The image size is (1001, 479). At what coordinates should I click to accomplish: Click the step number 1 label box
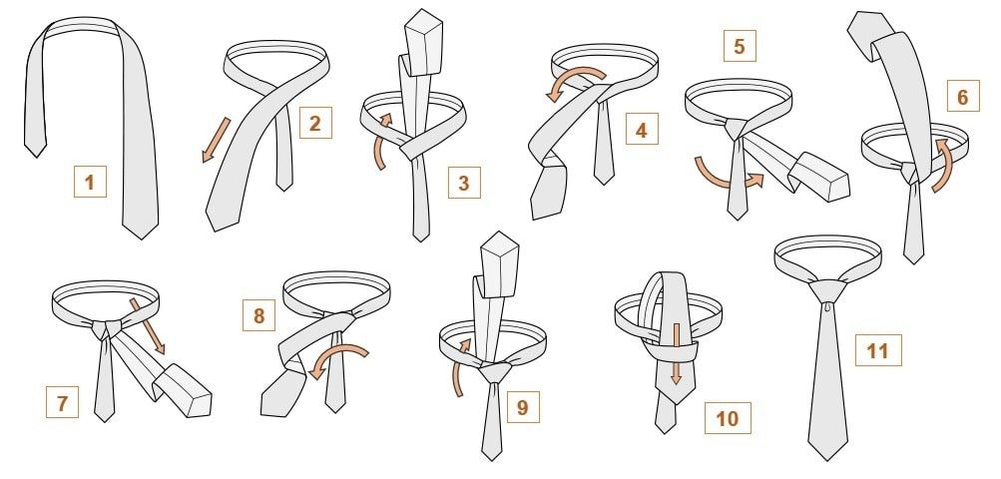pos(90,182)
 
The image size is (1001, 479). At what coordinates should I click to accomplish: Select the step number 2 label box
pos(315,122)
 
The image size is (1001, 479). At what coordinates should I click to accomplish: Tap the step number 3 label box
pos(464,182)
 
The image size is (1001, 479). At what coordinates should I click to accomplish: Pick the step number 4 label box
pos(642,129)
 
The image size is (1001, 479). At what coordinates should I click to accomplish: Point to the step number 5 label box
pos(740,46)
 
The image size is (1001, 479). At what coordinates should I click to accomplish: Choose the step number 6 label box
pos(963,96)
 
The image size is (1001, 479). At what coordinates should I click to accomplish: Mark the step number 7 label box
pos(62,402)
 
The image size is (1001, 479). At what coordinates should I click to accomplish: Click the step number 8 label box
pos(258,315)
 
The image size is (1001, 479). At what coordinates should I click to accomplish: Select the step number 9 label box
pos(523,407)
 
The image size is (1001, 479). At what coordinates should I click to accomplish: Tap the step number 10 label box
pos(728,418)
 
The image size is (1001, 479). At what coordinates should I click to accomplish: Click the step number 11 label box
pos(878,350)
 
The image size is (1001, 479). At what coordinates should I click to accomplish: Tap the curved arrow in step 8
pos(338,355)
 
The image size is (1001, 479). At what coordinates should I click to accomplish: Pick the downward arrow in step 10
pos(676,353)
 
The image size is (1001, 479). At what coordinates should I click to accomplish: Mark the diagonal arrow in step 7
pos(148,325)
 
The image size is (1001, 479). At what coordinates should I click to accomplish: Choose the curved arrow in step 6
pos(943,167)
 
